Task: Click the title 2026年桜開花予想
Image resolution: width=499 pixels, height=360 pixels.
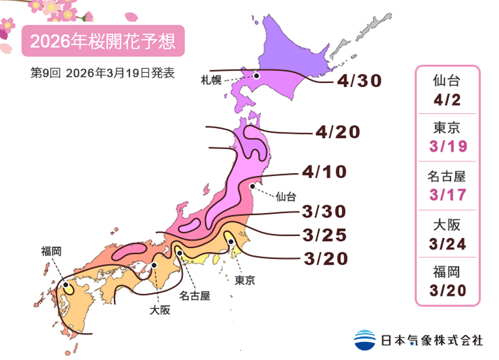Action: (103, 41)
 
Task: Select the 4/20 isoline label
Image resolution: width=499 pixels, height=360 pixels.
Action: (337, 133)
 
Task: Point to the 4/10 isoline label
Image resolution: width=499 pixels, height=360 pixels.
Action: (324, 173)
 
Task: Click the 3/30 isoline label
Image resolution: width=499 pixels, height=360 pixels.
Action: (324, 211)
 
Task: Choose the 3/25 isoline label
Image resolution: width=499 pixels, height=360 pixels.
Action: (324, 234)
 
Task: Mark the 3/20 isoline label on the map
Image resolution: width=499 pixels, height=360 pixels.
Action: (324, 259)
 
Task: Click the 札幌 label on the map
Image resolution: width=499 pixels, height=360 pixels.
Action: (211, 80)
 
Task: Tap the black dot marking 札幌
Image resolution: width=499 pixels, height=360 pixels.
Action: (256, 76)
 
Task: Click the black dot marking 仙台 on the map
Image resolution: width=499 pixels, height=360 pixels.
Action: (253, 186)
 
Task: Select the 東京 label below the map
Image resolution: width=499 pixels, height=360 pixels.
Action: (245, 280)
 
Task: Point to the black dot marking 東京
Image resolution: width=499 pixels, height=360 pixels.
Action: (231, 242)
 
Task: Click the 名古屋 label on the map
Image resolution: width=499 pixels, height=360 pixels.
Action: (195, 296)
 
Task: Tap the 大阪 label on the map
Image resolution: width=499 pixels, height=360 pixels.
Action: (160, 310)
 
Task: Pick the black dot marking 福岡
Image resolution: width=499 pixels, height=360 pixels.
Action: (66, 285)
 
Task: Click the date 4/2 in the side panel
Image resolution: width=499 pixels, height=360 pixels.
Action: (447, 100)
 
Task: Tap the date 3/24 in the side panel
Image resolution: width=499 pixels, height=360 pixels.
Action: (447, 243)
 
